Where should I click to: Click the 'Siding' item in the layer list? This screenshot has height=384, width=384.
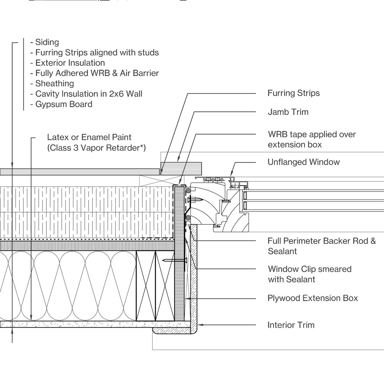[47, 42]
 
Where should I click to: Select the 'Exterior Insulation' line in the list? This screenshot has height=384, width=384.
[70, 63]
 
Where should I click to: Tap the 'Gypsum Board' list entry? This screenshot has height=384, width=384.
[64, 104]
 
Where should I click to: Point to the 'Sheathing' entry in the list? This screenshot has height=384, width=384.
[54, 84]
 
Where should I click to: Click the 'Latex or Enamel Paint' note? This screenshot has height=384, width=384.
[89, 138]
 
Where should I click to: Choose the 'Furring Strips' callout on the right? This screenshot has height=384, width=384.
[293, 93]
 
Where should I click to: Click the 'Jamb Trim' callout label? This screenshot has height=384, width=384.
[288, 112]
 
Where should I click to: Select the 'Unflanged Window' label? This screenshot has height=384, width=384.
[303, 162]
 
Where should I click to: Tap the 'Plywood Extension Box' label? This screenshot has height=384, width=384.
[312, 298]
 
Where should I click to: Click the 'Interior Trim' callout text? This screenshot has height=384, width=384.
[291, 325]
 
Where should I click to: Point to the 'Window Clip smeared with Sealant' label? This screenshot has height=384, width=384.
[309, 274]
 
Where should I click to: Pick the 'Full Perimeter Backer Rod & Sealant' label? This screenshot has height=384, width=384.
[321, 246]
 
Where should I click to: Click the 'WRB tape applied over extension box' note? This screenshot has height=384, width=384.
[311, 140]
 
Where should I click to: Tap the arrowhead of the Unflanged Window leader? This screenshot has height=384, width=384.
[231, 174]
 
